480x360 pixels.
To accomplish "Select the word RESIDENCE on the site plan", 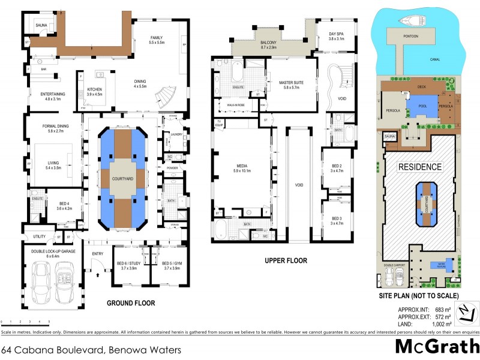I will pos(421,166).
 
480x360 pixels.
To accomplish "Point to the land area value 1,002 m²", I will pos(441,323).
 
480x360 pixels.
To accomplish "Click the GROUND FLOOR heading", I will pos(131,303).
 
